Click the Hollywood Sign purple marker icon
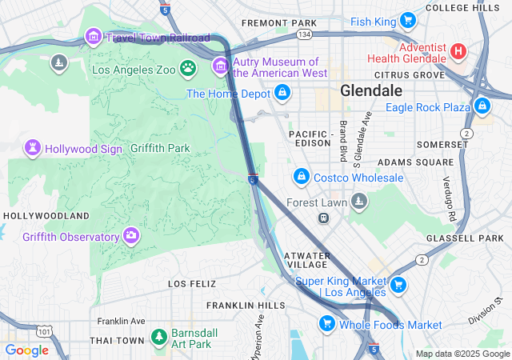coord(33,148)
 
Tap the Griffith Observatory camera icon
coord(130,235)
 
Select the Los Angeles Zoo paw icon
coord(188,69)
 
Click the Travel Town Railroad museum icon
coord(93,37)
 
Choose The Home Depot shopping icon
coord(282,94)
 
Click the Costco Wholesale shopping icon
coord(301,176)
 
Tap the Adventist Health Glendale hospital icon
coord(458,51)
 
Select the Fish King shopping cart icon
coord(407,20)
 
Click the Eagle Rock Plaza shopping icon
coord(482,106)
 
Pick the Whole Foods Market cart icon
coord(326,323)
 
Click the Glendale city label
coord(371,90)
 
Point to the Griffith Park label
coord(160,148)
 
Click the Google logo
coord(26,350)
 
